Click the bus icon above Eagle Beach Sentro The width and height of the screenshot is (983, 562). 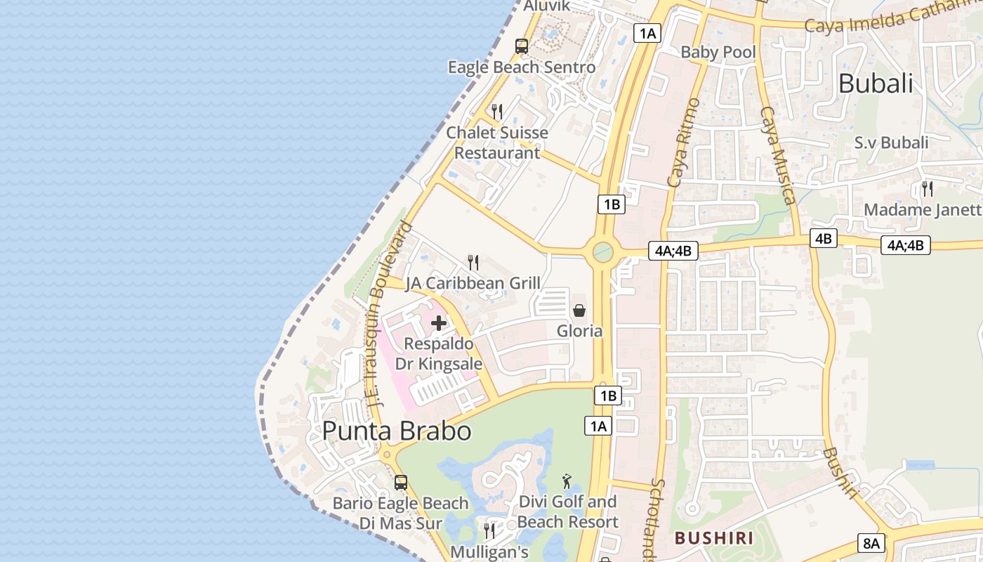point(521,46)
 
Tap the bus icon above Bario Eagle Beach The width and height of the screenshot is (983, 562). point(400,483)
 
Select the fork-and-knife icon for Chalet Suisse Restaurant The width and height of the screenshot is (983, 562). point(497,111)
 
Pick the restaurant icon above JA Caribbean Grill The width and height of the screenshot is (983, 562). point(473,263)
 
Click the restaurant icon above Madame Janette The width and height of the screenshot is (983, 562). point(927,188)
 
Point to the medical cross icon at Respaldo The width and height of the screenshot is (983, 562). point(439,323)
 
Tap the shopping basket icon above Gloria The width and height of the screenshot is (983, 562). point(579,310)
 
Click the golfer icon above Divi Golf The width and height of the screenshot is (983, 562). point(567,481)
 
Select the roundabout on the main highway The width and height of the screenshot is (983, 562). point(602,251)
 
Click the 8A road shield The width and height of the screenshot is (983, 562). point(871,543)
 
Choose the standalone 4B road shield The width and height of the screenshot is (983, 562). point(823,238)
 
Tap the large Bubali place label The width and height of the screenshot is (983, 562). point(876,84)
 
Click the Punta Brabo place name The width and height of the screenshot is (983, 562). point(397,431)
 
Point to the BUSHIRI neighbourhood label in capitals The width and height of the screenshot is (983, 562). point(713,539)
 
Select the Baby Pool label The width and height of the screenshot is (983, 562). point(718,52)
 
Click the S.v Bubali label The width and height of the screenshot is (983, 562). point(891,143)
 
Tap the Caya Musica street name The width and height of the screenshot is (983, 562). point(779,155)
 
